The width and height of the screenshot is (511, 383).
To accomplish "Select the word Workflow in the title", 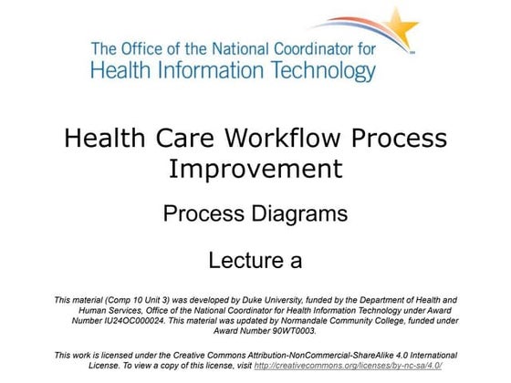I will click(285, 139).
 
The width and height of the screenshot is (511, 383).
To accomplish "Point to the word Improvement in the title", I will click(255, 169).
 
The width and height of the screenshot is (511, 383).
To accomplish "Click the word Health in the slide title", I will click(101, 139).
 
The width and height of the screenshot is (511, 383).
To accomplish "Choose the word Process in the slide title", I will click(399, 139).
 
